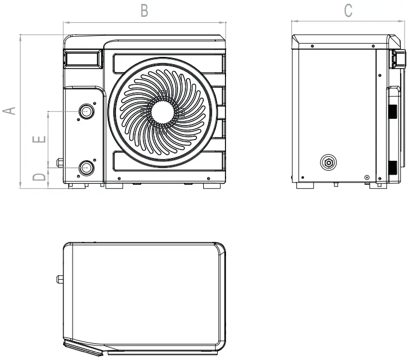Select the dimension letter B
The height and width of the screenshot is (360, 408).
144,11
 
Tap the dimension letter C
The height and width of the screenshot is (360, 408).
348,11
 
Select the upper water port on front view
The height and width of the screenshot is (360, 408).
86,112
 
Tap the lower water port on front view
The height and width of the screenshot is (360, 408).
86,167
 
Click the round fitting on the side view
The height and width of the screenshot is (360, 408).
329,163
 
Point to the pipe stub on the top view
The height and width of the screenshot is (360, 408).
60,279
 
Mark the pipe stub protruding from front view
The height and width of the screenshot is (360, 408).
60,163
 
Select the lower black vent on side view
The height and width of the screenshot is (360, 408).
393,166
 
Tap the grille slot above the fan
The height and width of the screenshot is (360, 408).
167,63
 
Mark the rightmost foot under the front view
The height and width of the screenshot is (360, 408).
212,186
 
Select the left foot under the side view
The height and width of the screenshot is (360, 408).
305,185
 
